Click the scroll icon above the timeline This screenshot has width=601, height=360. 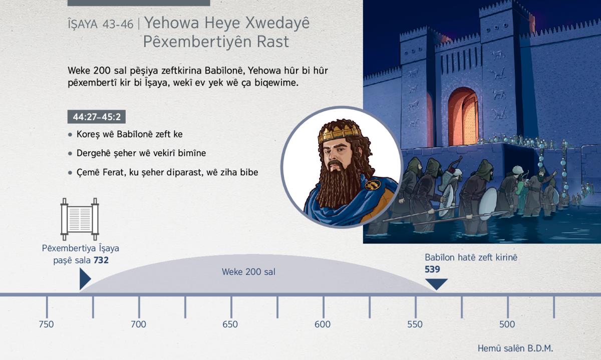pos(80,219)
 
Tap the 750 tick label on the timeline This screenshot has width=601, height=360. pos(46,324)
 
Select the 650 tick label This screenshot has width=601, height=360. pos(230,324)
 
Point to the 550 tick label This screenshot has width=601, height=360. pos(415,324)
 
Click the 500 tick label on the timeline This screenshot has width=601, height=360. pos(507,324)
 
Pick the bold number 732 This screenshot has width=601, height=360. pos(101,260)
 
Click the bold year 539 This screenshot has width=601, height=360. pos(432,269)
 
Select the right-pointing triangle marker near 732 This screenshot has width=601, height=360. pos(85,279)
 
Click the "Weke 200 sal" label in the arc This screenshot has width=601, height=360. pos(248,272)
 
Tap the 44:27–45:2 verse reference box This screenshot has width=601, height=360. pos(97,117)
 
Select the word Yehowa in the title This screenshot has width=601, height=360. pos(172,23)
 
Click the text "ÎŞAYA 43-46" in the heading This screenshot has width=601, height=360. pos(101,24)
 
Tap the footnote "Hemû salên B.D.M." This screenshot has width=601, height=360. pos(515,348)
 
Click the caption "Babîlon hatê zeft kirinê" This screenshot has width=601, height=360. pos(471,257)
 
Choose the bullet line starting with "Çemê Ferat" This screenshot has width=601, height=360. pos(167,172)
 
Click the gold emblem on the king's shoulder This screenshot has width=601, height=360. pos(373,184)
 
